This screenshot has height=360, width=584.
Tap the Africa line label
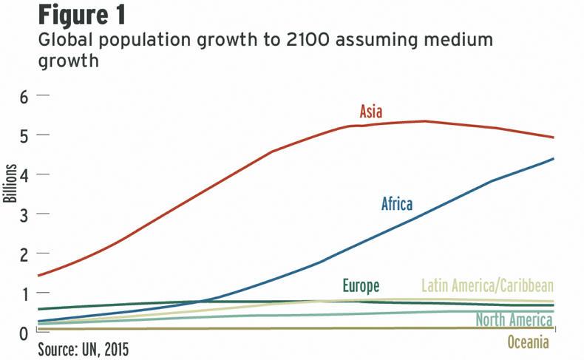pyautogui.click(x=397, y=204)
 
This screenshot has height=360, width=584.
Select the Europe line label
pyautogui.click(x=361, y=286)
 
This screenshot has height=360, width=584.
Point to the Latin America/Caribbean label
pyautogui.click(x=487, y=286)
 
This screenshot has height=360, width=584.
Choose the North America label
pyautogui.click(x=514, y=321)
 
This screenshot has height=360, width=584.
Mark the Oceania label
pyautogui.click(x=529, y=342)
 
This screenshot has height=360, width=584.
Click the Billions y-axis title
pyautogui.click(x=10, y=185)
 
